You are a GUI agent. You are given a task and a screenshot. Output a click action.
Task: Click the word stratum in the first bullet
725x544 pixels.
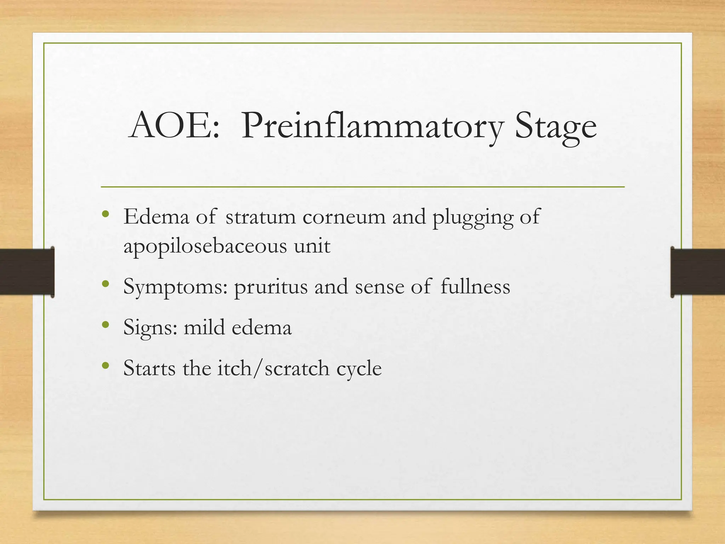[261, 217]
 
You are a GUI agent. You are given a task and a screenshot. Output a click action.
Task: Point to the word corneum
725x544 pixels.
[344, 217]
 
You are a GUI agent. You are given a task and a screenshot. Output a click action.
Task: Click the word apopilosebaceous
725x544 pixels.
[205, 246]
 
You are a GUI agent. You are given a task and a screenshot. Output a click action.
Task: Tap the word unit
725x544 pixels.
[312, 245]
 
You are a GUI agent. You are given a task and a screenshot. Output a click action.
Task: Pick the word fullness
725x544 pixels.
[475, 286]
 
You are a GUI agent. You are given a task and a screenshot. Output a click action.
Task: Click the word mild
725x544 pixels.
[204, 327]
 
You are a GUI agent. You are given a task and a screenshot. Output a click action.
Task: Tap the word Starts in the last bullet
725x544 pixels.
[149, 368]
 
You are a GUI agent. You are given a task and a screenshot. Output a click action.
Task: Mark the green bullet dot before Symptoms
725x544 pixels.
[105, 284]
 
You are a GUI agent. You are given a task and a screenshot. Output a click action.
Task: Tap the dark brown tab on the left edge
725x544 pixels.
[27, 272]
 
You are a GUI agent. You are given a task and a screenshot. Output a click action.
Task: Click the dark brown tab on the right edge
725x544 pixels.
[697, 272]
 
